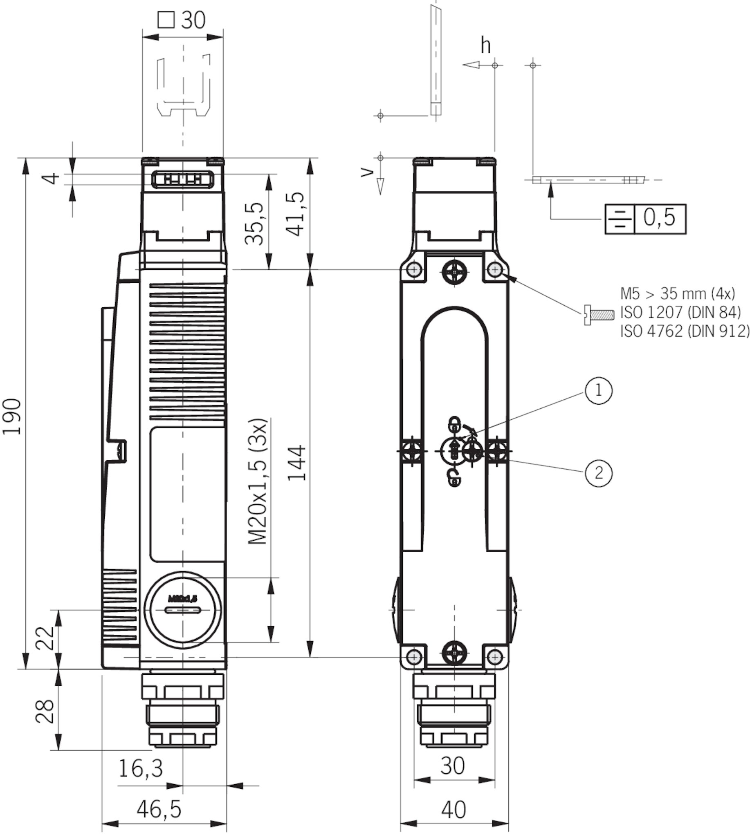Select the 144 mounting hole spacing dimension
297,462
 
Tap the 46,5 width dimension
159,809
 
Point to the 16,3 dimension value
141,768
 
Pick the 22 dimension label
45,638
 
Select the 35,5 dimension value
254,224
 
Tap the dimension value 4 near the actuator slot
52,179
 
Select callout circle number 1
598,389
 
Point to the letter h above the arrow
486,45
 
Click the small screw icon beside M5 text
599,315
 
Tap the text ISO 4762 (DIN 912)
685,331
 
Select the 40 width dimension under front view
454,809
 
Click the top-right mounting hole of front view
495,270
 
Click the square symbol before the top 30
166,20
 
